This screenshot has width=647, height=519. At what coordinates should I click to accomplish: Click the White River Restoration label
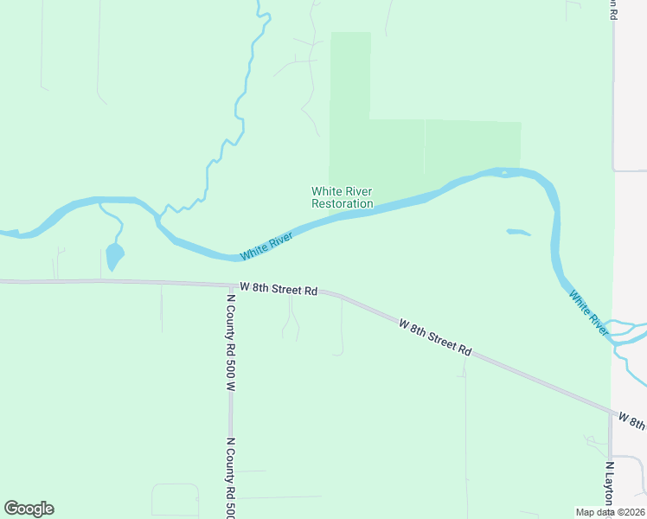pos(342,197)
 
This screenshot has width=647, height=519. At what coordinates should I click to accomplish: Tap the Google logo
pos(29,509)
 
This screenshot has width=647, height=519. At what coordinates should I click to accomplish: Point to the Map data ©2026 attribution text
pos(610,511)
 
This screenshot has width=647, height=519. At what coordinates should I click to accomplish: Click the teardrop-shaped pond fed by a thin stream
pos(114,255)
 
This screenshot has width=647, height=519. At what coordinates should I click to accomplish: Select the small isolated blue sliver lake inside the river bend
pos(517,232)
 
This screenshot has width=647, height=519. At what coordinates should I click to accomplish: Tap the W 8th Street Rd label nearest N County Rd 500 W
pos(279,289)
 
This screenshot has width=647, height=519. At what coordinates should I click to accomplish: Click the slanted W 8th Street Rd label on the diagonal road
pos(435,337)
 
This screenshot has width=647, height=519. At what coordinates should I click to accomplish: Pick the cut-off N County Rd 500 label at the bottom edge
pos(231,477)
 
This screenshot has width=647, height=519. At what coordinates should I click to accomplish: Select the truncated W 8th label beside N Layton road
pos(631,421)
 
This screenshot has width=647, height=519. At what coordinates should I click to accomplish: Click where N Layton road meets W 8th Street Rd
pos(610,412)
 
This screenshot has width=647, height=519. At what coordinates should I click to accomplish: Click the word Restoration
pos(343,204)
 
